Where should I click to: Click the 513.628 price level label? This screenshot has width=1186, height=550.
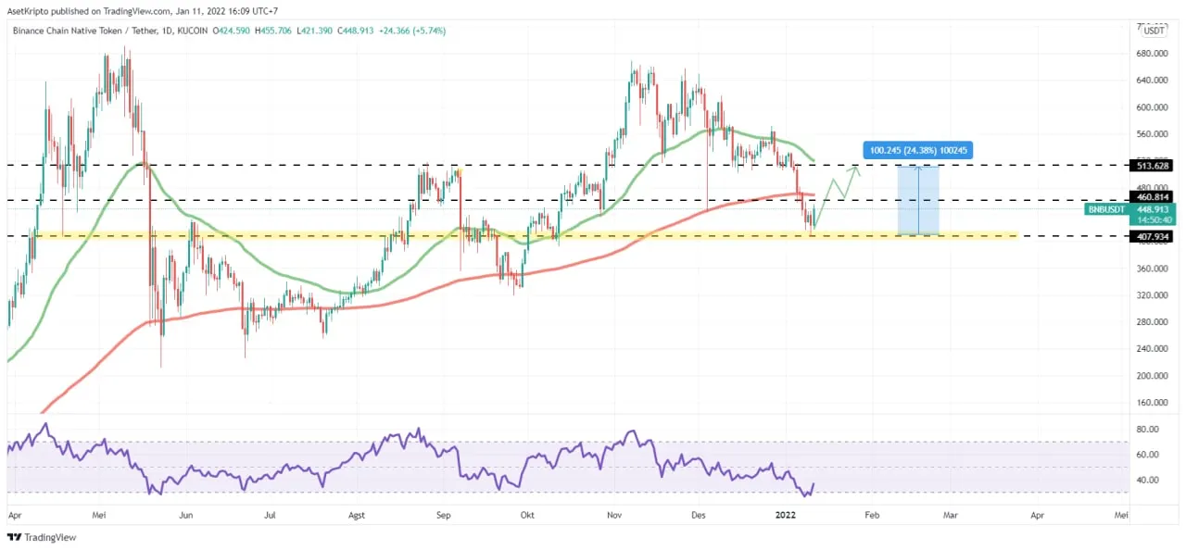coord(1154,166)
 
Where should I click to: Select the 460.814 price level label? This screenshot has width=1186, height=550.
coord(1154,196)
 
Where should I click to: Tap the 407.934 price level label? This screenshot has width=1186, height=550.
coord(1154,236)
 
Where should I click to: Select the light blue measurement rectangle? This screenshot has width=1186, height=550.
coord(918,201)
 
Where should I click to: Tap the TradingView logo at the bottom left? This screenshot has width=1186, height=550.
coord(42,537)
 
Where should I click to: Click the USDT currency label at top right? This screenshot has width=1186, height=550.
coord(1154,31)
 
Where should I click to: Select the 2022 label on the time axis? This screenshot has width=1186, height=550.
coord(784,513)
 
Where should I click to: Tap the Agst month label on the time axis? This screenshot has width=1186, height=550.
coord(358,513)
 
